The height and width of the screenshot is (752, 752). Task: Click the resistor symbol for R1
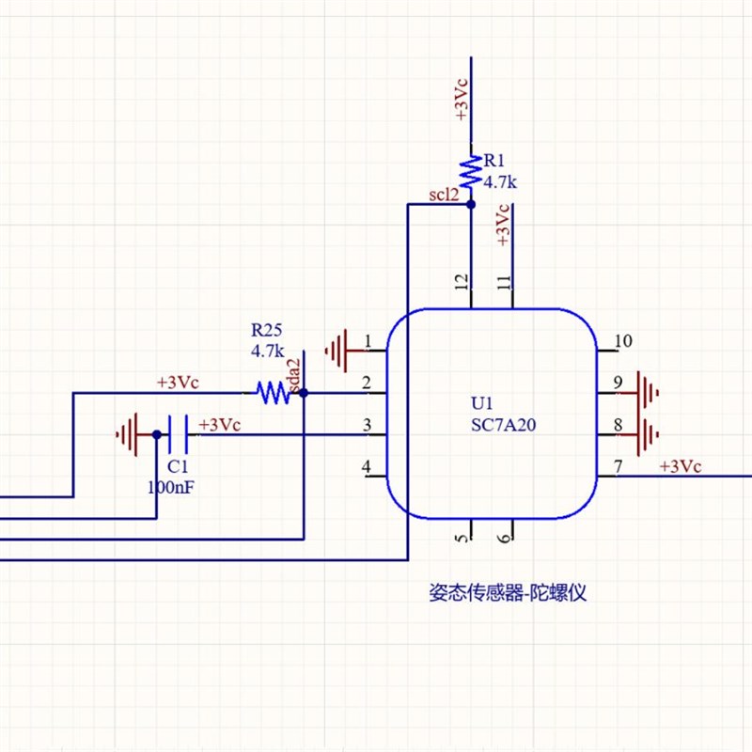(x=470, y=173)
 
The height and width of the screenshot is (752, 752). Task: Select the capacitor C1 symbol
(x=179, y=434)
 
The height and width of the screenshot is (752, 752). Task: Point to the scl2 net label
(x=444, y=196)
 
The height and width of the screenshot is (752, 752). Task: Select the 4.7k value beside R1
(x=501, y=181)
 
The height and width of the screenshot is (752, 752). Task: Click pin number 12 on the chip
(x=461, y=282)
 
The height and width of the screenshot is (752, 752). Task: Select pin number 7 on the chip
(x=618, y=465)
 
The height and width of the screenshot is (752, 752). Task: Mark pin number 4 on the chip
(x=367, y=466)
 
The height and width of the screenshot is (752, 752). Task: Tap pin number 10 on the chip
(x=622, y=340)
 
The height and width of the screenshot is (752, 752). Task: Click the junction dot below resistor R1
(x=470, y=203)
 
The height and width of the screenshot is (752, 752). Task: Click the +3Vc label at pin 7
(x=680, y=466)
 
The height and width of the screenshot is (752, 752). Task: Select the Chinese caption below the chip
(x=508, y=592)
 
